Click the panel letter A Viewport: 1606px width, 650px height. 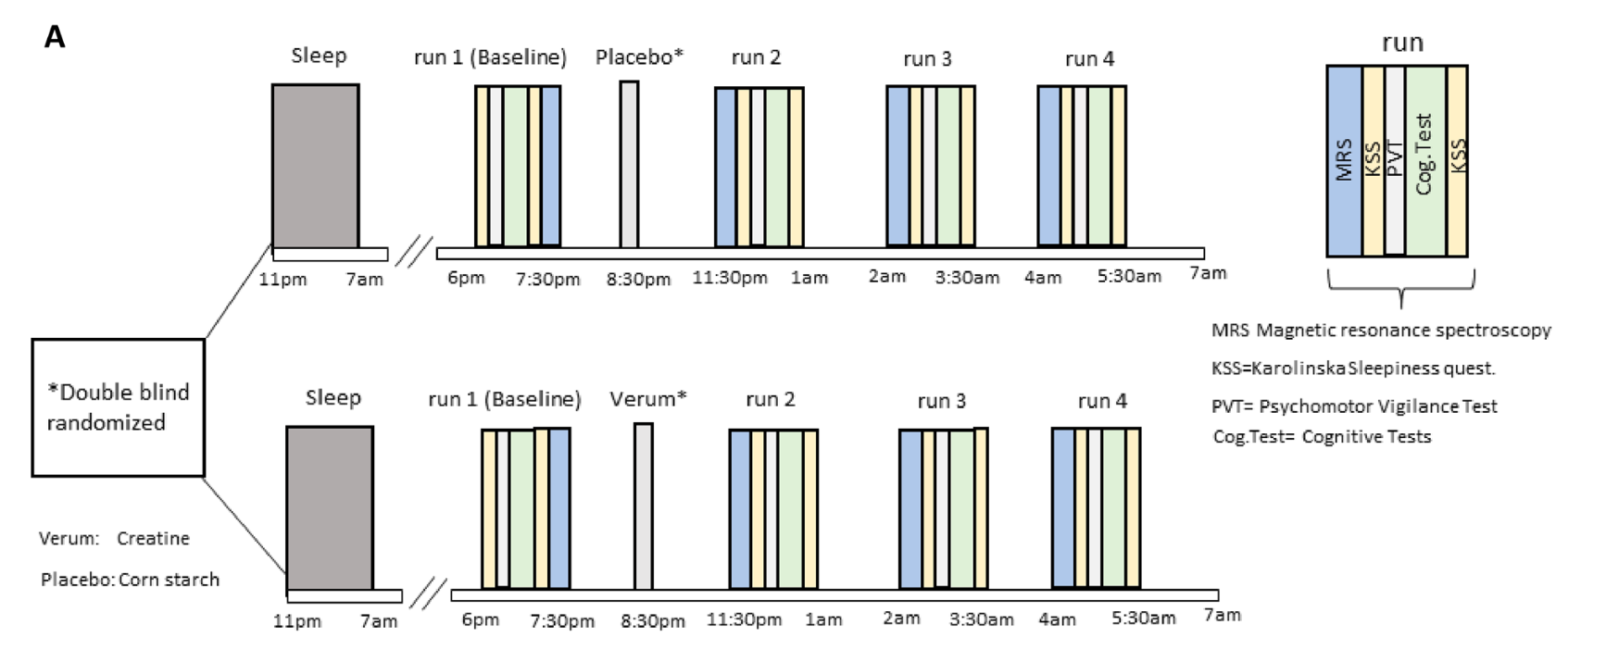coord(55,38)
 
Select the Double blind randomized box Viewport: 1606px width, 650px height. coord(119,407)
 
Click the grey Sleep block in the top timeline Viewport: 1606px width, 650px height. coord(315,166)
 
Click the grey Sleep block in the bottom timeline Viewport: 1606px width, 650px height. coord(329,507)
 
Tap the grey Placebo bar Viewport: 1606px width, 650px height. coord(629,165)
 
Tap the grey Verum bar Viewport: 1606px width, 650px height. coord(643,506)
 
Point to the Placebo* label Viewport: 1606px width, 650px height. coord(639,57)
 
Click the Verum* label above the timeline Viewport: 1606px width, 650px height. coord(648,399)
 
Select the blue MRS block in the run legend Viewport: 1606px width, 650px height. coord(1344,160)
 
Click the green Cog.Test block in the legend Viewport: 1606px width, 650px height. coord(1425,160)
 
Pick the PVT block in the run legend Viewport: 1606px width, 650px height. coord(1395,160)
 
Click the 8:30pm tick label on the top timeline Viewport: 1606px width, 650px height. coord(638,279)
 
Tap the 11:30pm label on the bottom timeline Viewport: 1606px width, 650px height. coord(744,619)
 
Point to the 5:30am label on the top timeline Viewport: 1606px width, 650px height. coord(1129,277)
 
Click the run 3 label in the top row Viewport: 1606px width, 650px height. coord(927,59)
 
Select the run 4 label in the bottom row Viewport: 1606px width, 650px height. coord(1102,401)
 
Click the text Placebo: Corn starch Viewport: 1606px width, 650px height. coord(130,580)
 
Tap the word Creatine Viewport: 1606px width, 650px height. coord(153,538)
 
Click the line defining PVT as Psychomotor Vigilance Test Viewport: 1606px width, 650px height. coord(1354,406)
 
